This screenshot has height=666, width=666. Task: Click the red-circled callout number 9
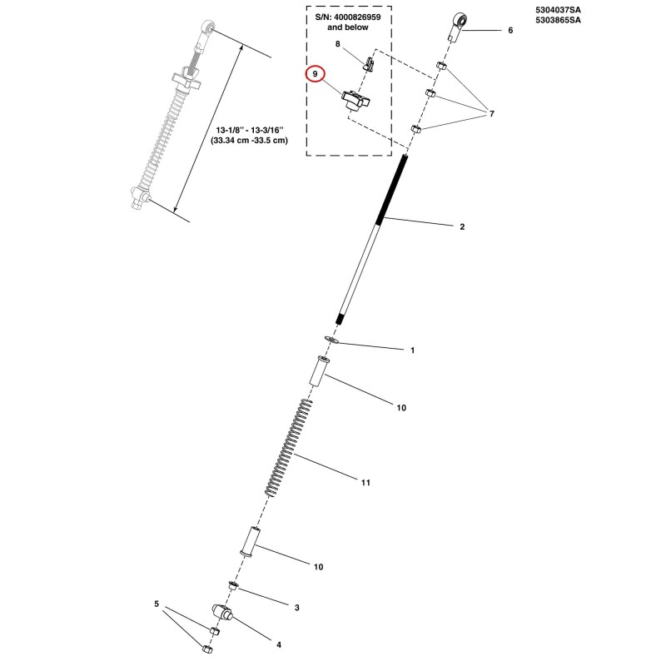[x=316, y=74]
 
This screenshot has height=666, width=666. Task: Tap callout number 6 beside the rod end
[x=510, y=31]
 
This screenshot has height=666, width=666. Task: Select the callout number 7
[x=492, y=114]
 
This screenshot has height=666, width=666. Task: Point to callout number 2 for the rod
[x=462, y=226]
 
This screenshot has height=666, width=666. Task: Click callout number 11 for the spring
[x=365, y=483]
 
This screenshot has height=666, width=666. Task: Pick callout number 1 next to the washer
[x=412, y=350]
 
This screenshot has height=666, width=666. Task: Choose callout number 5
[x=157, y=604]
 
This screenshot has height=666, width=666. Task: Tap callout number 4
[x=279, y=644]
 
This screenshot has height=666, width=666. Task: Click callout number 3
[x=297, y=608]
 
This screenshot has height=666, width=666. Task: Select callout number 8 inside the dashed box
[x=338, y=44]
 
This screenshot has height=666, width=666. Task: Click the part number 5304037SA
[x=558, y=10]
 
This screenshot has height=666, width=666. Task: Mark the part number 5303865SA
[x=558, y=20]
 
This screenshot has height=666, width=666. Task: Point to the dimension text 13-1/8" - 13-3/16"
[x=249, y=130]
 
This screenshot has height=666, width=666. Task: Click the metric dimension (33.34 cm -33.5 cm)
[x=249, y=140]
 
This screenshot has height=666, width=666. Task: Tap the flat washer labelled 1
[x=331, y=340]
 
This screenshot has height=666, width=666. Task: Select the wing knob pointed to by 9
[x=355, y=100]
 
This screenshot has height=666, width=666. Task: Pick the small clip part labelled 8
[x=369, y=64]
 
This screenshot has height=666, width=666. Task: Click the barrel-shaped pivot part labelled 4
[x=222, y=613]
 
